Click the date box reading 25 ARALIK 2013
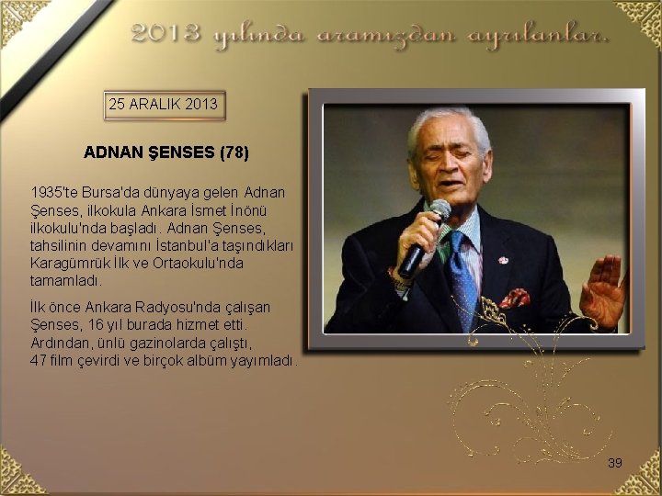click(x=164, y=105)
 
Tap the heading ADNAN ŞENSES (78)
click(x=166, y=152)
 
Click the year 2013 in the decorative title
click(x=165, y=34)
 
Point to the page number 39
click(x=615, y=463)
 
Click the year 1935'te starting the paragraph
click(x=51, y=193)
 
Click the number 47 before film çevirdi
click(x=39, y=359)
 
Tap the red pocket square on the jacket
click(x=515, y=298)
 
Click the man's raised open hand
click(x=603, y=290)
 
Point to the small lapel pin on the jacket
click(x=503, y=260)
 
